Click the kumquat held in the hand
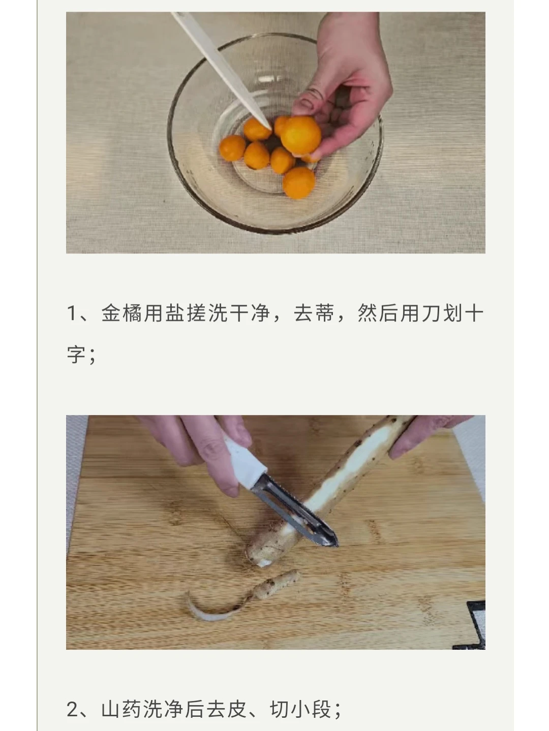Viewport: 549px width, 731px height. pyautogui.click(x=300, y=135)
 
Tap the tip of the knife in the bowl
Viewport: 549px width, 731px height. pyautogui.click(x=270, y=129)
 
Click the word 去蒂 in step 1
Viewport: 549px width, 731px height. pyautogui.click(x=314, y=313)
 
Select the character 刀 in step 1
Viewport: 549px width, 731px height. pyautogui.click(x=431, y=313)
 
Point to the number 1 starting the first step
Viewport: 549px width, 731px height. pyautogui.click(x=72, y=314)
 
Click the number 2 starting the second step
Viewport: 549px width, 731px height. pyautogui.click(x=72, y=709)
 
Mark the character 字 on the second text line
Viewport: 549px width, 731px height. pyautogui.click(x=77, y=355)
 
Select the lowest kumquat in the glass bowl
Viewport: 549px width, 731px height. pyautogui.click(x=299, y=183)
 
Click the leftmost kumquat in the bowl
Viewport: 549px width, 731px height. pyautogui.click(x=232, y=148)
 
